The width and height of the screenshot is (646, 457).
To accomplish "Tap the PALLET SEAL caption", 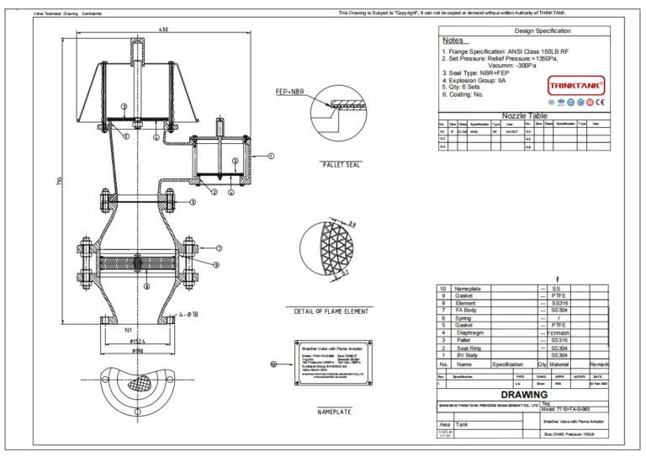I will (x=341, y=165).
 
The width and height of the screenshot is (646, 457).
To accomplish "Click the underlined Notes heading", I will (x=453, y=40).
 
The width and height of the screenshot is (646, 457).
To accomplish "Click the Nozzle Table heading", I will (x=525, y=115).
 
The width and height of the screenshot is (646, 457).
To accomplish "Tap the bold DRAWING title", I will (x=523, y=394).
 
